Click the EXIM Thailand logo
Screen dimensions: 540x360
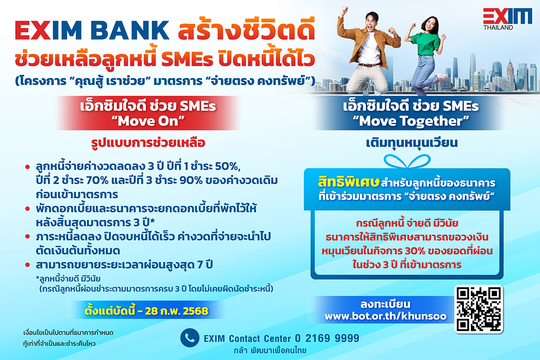[508, 19]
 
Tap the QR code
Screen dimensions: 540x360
[478, 309]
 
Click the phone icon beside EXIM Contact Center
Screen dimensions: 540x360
[190, 337]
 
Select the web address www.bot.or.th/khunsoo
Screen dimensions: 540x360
[385, 316]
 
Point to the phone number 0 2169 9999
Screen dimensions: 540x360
[327, 338]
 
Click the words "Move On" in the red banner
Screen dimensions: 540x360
[148, 121]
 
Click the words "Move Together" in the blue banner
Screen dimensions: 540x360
[411, 121]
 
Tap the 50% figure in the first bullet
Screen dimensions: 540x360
[226, 166]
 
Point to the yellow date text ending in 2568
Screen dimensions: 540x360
[146, 311]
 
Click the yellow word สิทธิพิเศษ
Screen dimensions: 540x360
[349, 182]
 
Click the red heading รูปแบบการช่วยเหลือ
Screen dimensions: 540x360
[148, 142]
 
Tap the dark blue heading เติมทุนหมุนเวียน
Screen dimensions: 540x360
[411, 142]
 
